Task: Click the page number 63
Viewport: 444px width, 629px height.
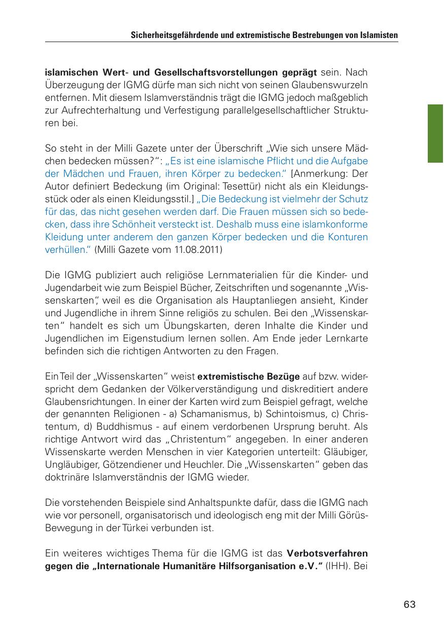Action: pyautogui.click(x=409, y=604)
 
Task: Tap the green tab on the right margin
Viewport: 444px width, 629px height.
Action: pyautogui.click(x=435, y=133)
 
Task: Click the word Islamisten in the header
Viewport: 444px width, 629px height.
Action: pyautogui.click(x=377, y=36)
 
